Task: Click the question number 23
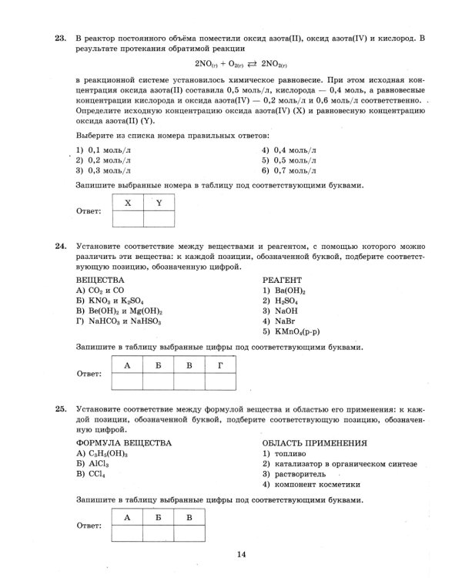59,37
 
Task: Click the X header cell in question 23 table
128,203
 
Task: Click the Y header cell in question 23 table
159,203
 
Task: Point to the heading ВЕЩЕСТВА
99,280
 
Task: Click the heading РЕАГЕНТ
282,280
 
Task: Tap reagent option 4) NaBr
280,321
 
